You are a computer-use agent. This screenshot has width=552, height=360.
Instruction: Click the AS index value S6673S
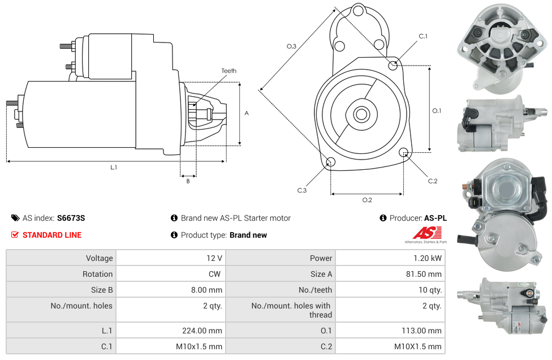[x=71, y=218]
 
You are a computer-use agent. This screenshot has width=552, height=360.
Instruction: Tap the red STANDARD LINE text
[x=51, y=235]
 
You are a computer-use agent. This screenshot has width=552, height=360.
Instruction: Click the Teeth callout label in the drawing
[x=229, y=71]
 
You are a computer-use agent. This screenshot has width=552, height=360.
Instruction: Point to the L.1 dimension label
[x=114, y=168]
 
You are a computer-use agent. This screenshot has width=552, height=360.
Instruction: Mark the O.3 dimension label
[x=291, y=46]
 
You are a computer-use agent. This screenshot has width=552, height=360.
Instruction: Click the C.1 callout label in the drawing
[x=423, y=36]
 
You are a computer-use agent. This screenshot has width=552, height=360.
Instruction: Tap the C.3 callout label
[x=302, y=190]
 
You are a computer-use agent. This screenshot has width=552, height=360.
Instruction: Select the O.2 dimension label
[x=367, y=200]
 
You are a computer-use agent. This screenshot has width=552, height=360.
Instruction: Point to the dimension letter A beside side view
[x=247, y=113]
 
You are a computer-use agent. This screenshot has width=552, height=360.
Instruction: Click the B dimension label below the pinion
[x=188, y=181]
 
